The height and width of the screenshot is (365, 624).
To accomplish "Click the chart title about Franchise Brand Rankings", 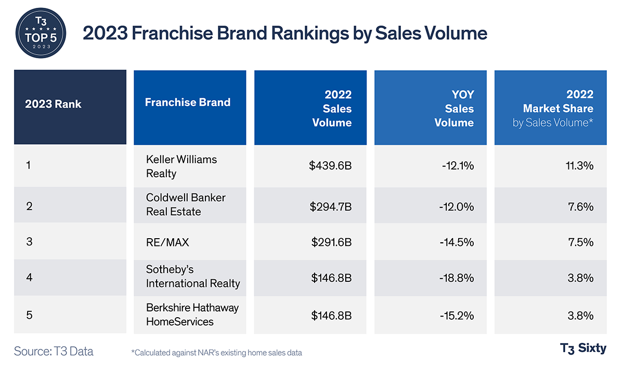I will [x=285, y=33].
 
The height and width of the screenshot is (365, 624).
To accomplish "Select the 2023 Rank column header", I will [x=54, y=103].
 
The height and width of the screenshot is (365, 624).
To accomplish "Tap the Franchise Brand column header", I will [x=188, y=102].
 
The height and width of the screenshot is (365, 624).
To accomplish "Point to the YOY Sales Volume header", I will [x=454, y=109].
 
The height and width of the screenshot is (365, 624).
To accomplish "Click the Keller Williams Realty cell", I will [x=181, y=166].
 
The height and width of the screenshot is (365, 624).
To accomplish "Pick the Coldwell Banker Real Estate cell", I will [x=186, y=205].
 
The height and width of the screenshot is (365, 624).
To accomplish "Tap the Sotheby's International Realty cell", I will [x=193, y=277].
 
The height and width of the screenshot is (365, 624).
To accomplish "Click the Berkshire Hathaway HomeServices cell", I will [x=192, y=315].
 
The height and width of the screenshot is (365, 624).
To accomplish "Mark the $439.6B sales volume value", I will [x=330, y=166].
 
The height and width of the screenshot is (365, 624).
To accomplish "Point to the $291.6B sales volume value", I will [x=331, y=242].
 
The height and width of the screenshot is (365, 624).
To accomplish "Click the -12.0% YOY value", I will [x=456, y=206].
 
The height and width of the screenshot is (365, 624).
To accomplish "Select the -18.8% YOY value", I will [x=456, y=278].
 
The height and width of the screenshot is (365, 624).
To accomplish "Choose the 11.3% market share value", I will [x=580, y=166].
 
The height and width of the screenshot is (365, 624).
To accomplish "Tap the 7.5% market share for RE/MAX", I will [x=581, y=242].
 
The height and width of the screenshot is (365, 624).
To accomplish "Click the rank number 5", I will [x=29, y=315].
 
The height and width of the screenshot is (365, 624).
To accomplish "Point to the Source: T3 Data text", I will [x=54, y=351].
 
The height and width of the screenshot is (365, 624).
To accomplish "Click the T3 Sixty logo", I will [x=583, y=348].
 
